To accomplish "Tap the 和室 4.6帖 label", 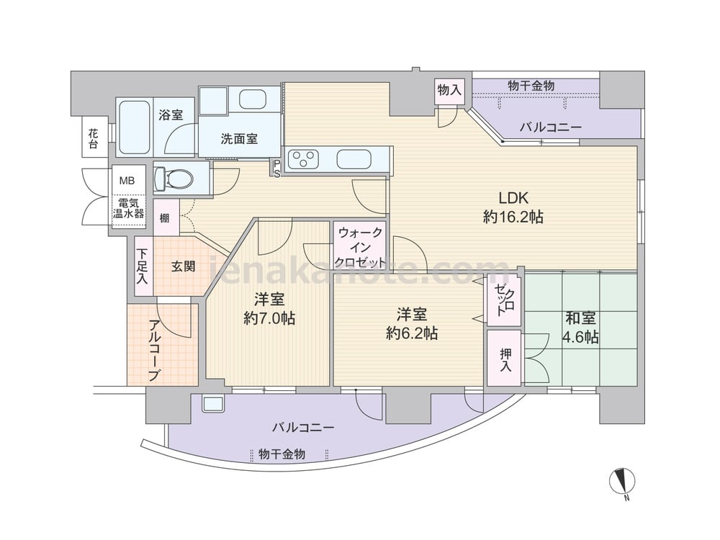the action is tap(580, 328).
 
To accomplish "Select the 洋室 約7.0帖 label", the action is tap(269, 309).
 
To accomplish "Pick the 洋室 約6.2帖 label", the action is tap(411, 324).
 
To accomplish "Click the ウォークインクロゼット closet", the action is tap(360, 248).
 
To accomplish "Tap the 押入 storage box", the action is tap(505, 358).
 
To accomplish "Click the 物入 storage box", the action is tap(449, 90).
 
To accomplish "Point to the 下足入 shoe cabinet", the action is tap(143, 266).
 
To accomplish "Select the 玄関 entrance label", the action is tap(183, 266).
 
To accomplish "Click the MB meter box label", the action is tap(127, 181).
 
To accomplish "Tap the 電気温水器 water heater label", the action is tap(129, 208).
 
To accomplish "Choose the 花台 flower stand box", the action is tap(93, 138).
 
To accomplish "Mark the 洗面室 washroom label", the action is tap(239, 138).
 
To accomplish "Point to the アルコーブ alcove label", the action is tap(154, 351).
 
